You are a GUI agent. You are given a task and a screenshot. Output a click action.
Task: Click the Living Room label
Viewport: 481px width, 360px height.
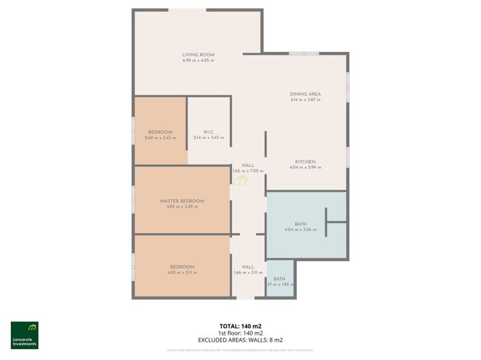click(x=198, y=55)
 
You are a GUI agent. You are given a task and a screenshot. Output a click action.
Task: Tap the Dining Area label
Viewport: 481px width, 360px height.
click(x=305, y=94)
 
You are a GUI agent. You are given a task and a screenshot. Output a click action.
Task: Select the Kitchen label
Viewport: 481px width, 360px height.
click(x=305, y=162)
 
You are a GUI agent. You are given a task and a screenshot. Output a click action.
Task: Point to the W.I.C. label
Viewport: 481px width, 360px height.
click(x=209, y=132)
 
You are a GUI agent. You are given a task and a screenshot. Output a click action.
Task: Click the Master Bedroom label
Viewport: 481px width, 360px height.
click(x=182, y=200)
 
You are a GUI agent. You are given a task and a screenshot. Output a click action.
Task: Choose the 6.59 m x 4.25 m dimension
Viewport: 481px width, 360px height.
click(x=198, y=61)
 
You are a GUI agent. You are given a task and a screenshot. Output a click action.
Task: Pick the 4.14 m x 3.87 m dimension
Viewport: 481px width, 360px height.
click(x=305, y=100)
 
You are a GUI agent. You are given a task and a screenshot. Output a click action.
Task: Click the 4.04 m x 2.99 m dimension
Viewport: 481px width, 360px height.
click(x=305, y=168)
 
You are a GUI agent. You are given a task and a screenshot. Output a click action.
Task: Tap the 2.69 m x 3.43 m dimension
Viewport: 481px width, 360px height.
click(x=160, y=138)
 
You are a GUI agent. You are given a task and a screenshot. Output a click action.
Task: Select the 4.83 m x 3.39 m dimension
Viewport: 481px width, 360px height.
click(x=182, y=207)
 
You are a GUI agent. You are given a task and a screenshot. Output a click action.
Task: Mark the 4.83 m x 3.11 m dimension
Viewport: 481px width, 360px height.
click(x=182, y=273)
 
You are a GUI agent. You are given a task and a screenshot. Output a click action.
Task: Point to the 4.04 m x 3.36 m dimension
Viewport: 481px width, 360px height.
click(x=300, y=230)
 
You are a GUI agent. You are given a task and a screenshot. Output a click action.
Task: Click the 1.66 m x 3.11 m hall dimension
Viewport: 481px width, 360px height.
click(x=248, y=273)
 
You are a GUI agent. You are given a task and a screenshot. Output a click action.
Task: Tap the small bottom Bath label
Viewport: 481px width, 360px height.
click(x=280, y=279)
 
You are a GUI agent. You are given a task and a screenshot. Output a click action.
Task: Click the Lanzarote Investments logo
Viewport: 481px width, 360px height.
click(x=25, y=335)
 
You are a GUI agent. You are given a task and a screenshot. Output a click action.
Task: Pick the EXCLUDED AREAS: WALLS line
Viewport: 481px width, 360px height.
click(x=240, y=340)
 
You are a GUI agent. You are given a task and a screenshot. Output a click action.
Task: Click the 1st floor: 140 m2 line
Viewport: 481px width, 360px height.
click(x=240, y=333)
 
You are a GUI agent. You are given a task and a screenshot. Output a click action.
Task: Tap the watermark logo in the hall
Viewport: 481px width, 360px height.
click(x=240, y=180)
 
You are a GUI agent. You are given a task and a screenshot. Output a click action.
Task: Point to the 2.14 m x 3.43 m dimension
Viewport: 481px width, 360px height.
click(x=209, y=138)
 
